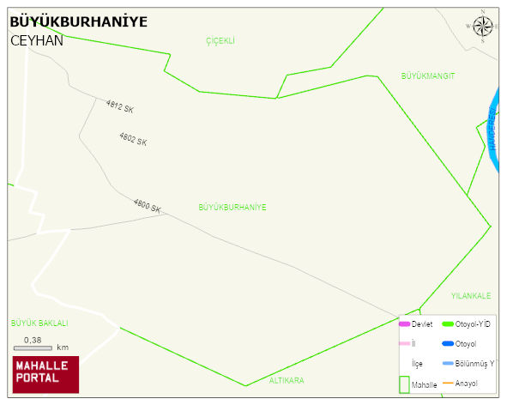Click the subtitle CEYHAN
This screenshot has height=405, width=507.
(37, 40)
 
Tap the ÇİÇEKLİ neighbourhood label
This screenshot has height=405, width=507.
(220, 41)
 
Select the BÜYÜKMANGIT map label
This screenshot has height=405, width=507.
(428, 76)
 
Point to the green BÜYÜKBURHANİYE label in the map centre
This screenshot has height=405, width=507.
(232, 208)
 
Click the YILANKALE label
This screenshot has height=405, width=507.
(471, 296)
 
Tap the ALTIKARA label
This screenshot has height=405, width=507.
(287, 380)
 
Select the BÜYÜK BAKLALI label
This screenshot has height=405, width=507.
(39, 323)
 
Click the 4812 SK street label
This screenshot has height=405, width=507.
(120, 107)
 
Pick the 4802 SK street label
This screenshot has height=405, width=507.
(133, 138)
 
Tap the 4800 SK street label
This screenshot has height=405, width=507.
(147, 206)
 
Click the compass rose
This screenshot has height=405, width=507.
(483, 27)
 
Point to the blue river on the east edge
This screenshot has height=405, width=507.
(495, 129)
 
